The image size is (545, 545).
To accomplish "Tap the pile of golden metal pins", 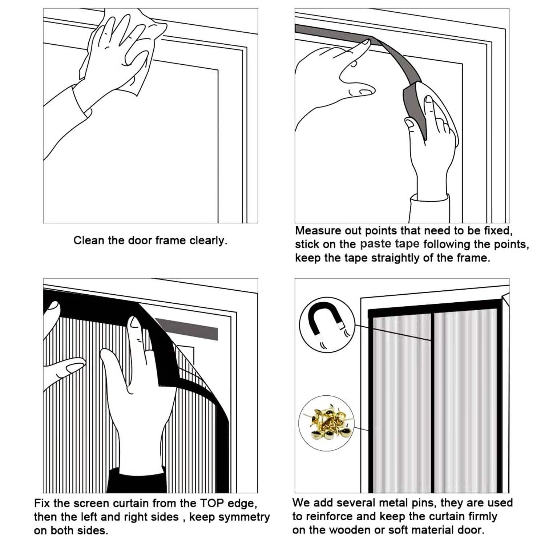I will pos(327,422).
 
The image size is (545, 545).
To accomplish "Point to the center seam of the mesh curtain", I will pos(432,400).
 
